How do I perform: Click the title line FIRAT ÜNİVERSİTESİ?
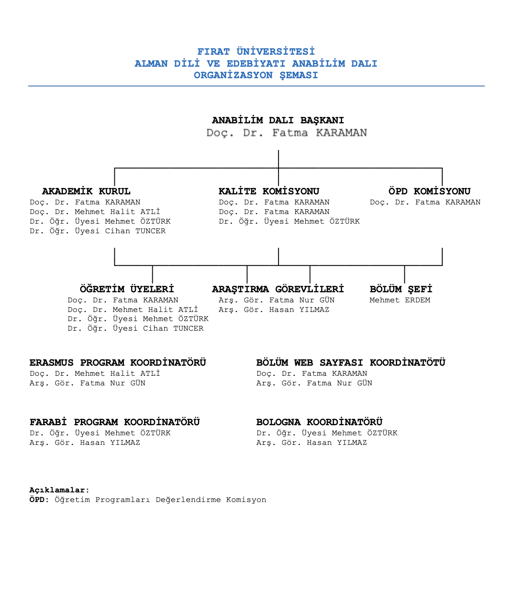tap(256, 52)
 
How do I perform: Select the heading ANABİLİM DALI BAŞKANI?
tap(278, 120)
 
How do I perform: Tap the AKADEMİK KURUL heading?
tap(86, 191)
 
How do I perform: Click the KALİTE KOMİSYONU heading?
tap(269, 191)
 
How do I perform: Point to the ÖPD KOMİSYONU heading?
tap(429, 191)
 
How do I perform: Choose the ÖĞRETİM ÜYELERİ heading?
tap(127, 289)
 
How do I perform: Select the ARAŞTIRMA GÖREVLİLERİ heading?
tap(278, 289)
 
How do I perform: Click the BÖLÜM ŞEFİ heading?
tap(401, 289)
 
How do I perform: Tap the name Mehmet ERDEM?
tap(399, 300)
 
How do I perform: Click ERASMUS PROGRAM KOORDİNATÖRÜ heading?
tap(118, 362)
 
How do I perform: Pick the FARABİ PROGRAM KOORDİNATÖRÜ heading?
tap(115, 422)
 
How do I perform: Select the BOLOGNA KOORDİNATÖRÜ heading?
tap(319, 422)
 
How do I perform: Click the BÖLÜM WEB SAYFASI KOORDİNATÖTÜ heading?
tap(351, 362)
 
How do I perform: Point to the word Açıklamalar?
tap(57, 490)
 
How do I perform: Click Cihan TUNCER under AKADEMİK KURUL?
tap(135, 231)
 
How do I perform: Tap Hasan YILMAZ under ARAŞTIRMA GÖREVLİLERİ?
tap(299, 310)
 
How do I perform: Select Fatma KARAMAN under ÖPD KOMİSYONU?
tap(448, 203)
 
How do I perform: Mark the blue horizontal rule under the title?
tap(256, 86)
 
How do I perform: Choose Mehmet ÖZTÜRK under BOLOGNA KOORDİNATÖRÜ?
tap(364, 433)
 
